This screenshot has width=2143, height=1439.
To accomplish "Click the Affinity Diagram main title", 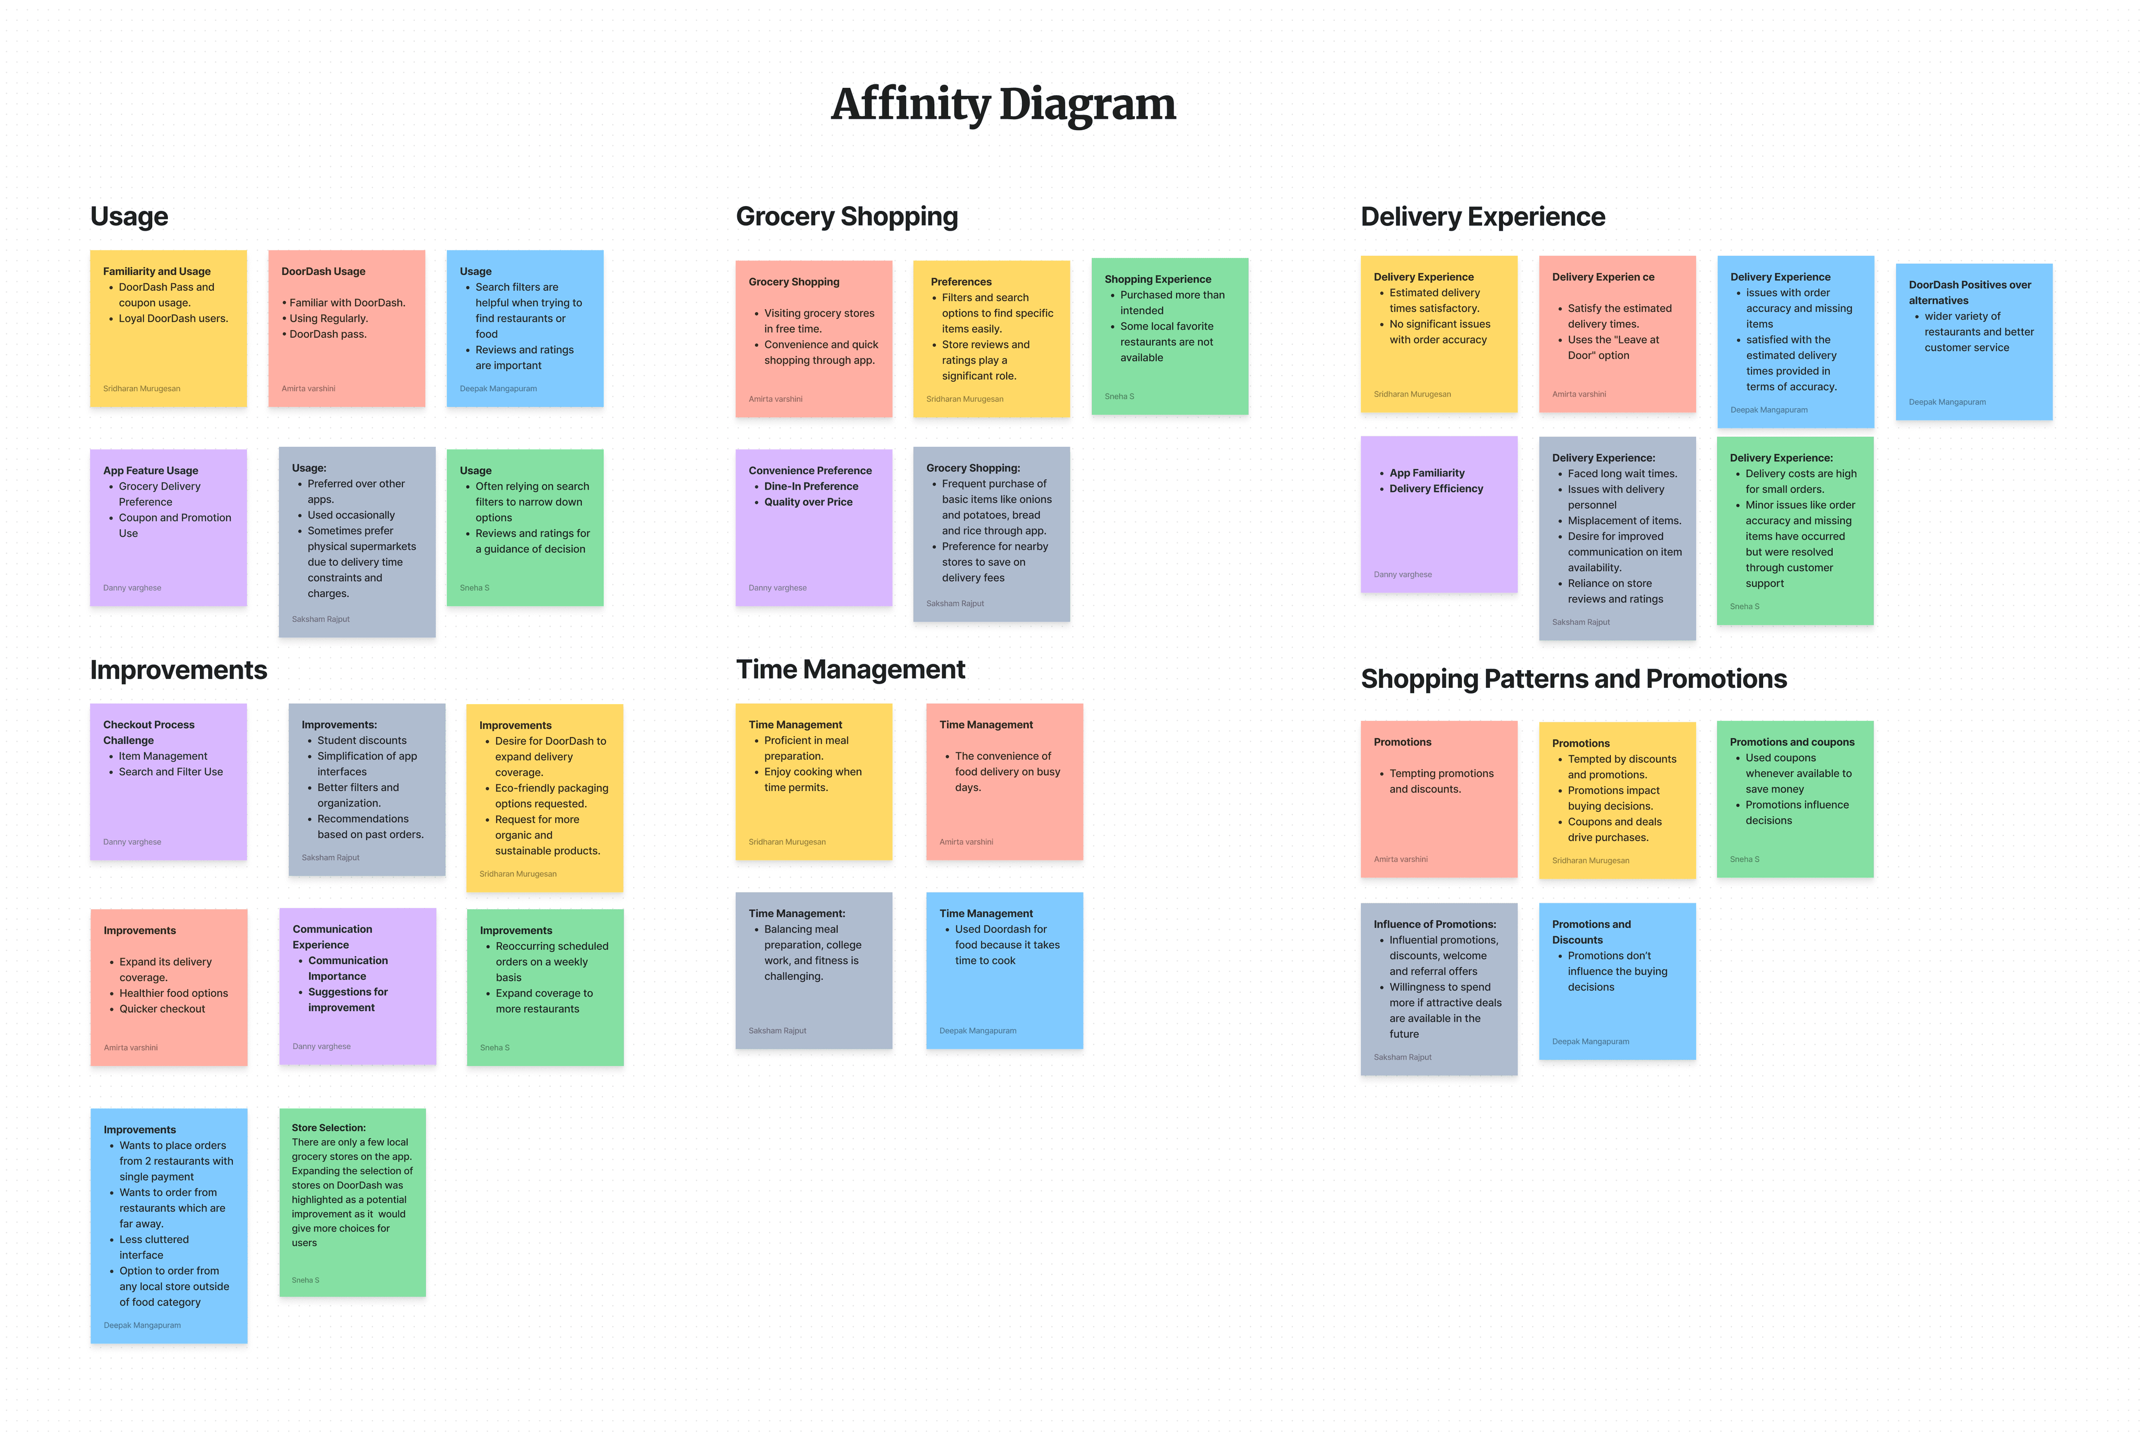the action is tap(1003, 104).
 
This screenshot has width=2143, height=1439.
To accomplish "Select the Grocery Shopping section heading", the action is tap(846, 217).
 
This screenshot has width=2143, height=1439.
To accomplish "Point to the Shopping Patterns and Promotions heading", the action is tap(1573, 679).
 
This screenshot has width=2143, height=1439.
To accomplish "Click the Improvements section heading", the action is tap(178, 670).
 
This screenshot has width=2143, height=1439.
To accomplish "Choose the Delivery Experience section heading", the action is tap(1482, 217).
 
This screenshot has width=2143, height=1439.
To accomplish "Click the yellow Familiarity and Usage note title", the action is tap(157, 271).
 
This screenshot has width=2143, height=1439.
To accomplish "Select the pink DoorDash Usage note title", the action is tap(323, 271).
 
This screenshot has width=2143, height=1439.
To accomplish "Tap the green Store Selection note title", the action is tap(329, 1128).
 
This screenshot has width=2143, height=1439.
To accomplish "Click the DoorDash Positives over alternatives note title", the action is tap(1969, 293).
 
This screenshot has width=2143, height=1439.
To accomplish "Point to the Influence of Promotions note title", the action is tap(1435, 924).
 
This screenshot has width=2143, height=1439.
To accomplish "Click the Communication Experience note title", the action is tap(332, 937).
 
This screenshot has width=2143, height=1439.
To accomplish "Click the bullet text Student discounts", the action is tap(362, 741).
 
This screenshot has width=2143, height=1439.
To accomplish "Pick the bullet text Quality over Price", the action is tap(808, 502).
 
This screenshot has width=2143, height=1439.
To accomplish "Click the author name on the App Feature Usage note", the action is tap(132, 588).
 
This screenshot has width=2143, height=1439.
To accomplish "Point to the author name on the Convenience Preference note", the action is tap(777, 588).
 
